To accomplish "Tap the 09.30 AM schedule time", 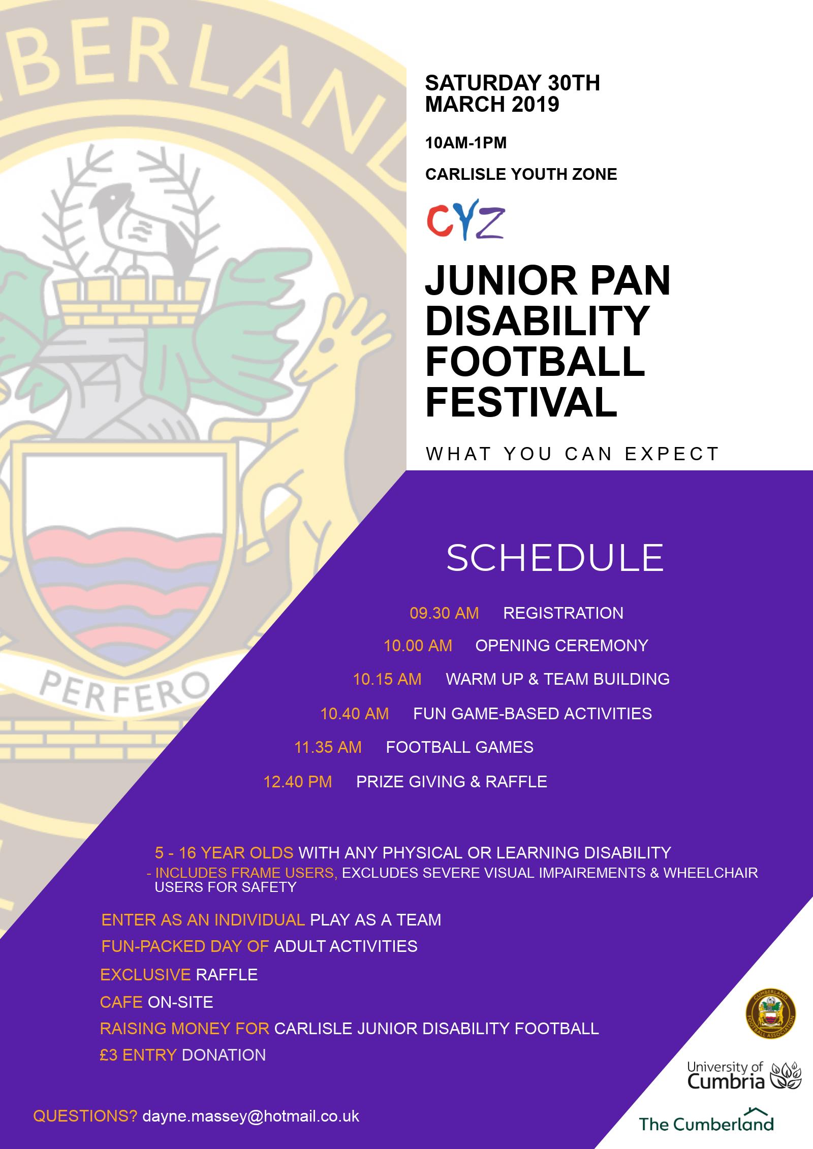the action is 444,613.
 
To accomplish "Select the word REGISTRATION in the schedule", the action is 563,613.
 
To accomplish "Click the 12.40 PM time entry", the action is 297,782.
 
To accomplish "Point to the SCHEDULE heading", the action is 555,557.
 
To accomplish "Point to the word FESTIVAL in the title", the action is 521,402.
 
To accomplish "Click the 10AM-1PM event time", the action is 466,143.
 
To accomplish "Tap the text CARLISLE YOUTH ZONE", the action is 521,174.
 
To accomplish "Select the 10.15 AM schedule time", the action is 387,680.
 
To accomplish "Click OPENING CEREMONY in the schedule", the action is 561,646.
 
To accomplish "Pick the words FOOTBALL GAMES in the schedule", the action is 459,747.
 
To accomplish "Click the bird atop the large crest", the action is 137,224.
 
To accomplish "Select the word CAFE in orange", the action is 121,1002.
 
